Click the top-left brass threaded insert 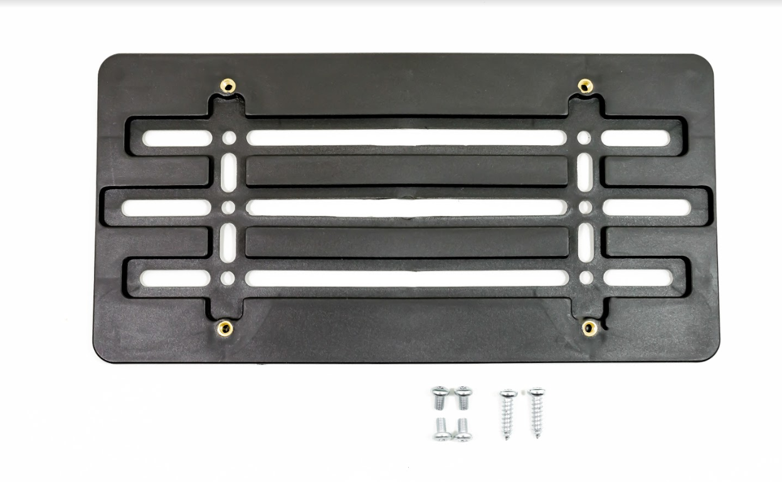point(228,86)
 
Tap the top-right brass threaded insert point(585,86)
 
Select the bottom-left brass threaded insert point(224,327)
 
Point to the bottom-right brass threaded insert point(589,327)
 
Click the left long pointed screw point(507,413)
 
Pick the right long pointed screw point(536,412)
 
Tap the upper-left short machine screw point(440,397)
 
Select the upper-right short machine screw point(463,397)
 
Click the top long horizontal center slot point(406,138)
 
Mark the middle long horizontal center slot point(406,207)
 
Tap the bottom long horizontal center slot point(406,278)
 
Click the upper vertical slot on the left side point(229,172)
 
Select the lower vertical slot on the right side point(586,243)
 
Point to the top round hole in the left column point(229,138)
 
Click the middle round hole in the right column point(585,207)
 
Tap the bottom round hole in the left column point(228,278)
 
